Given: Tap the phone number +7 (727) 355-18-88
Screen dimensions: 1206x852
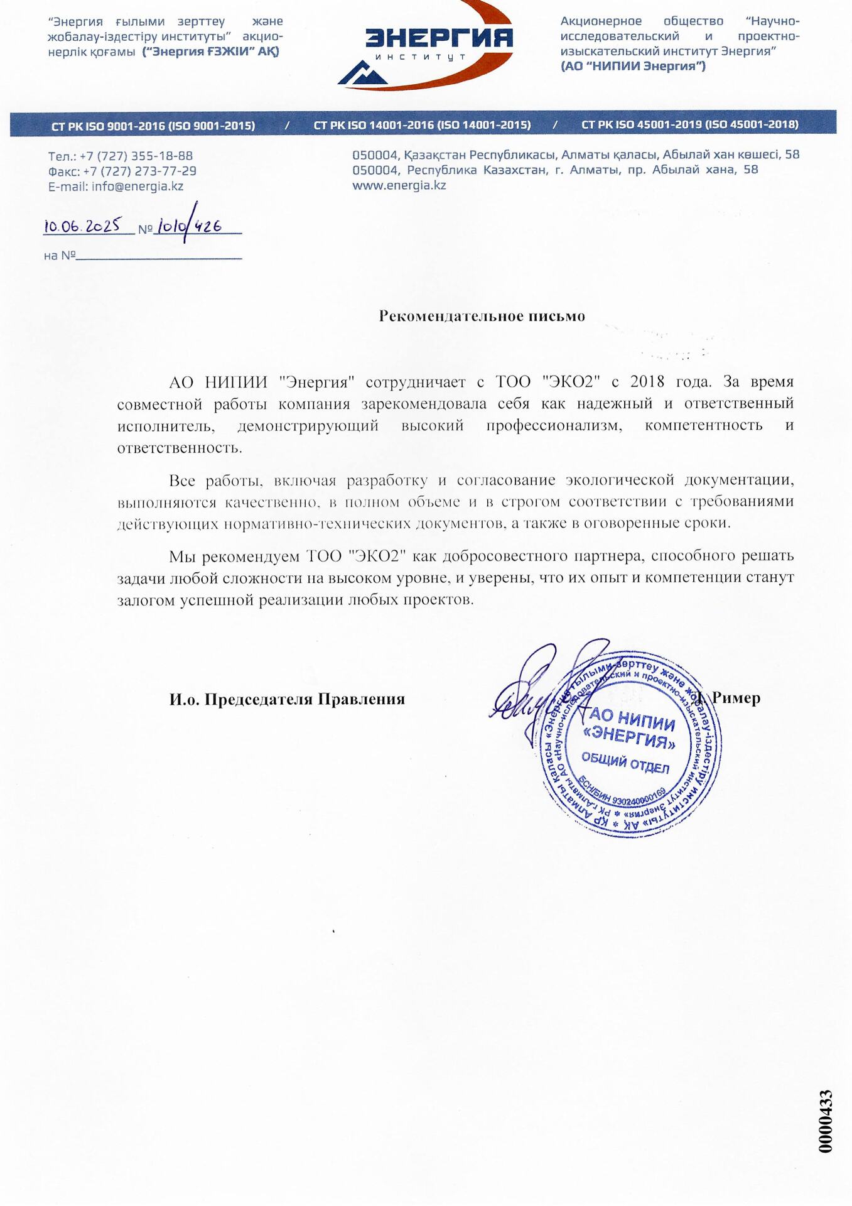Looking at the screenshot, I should pyautogui.click(x=136, y=156).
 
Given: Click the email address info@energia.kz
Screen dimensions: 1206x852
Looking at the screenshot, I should pyautogui.click(x=137, y=187).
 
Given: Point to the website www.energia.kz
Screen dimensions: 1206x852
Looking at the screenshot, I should pyautogui.click(x=399, y=185).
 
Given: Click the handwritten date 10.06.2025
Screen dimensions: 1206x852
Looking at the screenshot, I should pyautogui.click(x=82, y=226).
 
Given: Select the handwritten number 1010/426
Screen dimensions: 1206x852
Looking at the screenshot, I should pyautogui.click(x=188, y=226).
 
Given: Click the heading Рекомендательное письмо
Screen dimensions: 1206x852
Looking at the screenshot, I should pyautogui.click(x=482, y=316).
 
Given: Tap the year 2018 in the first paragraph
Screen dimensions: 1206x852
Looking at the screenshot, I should pyautogui.click(x=647, y=382).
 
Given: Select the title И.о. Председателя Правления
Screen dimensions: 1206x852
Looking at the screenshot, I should pyautogui.click(x=287, y=699).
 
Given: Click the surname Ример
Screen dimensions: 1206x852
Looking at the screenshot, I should pyautogui.click(x=735, y=698).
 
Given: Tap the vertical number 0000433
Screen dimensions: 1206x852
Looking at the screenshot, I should pyautogui.click(x=826, y=1121).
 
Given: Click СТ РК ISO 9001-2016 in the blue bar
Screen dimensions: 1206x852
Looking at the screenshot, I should pyautogui.click(x=153, y=126).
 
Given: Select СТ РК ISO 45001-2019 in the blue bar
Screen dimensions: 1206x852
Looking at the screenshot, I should pyautogui.click(x=689, y=124).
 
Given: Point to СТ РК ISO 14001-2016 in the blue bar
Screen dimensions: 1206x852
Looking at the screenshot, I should pyautogui.click(x=422, y=125).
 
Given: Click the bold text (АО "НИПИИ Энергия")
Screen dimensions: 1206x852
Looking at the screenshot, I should pyautogui.click(x=633, y=66).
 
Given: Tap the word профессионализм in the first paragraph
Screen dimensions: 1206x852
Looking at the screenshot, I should pyautogui.click(x=554, y=426).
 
